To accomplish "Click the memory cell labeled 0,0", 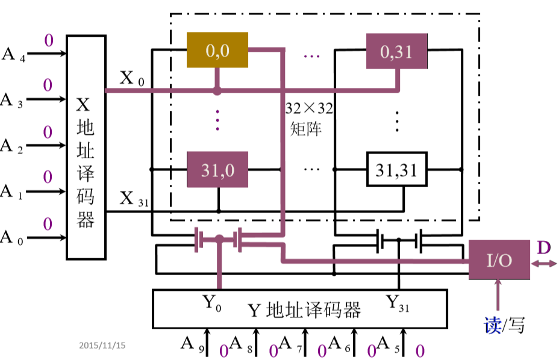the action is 217,50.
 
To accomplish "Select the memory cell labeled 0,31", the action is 397,51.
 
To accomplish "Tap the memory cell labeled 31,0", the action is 217,169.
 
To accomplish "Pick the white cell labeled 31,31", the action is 397,169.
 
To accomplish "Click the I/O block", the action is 499,260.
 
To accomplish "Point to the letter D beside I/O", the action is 544,247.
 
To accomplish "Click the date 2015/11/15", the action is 102,345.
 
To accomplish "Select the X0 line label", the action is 131,78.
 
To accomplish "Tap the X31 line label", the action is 134,199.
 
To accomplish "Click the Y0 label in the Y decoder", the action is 212,303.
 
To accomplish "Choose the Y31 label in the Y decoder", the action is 397,303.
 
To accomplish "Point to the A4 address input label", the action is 13,55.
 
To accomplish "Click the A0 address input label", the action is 12,238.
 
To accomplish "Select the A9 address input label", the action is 193,344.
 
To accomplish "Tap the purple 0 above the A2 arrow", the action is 48,132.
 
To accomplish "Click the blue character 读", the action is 492,326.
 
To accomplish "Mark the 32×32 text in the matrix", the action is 309,108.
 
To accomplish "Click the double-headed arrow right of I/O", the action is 544,264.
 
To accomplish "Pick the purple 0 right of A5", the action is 420,351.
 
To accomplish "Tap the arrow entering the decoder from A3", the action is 46,99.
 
